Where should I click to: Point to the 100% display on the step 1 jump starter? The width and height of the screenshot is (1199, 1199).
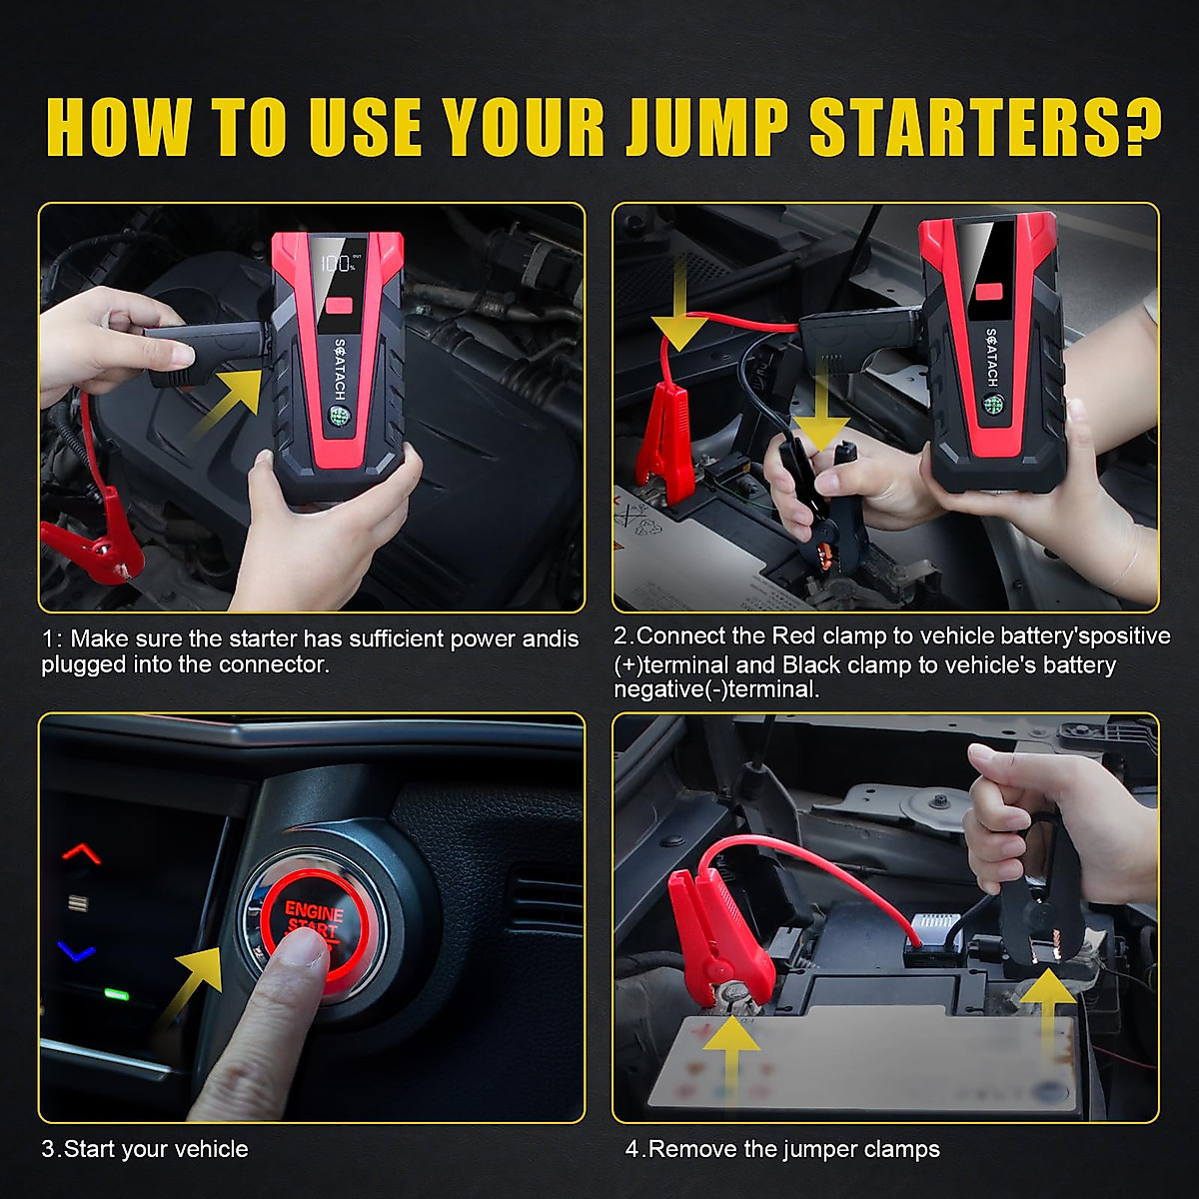tap(337, 263)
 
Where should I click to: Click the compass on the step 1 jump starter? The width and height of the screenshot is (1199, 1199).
tap(338, 416)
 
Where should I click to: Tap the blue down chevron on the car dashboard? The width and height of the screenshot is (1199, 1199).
tap(77, 952)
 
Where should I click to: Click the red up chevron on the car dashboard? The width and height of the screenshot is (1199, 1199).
tap(82, 853)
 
